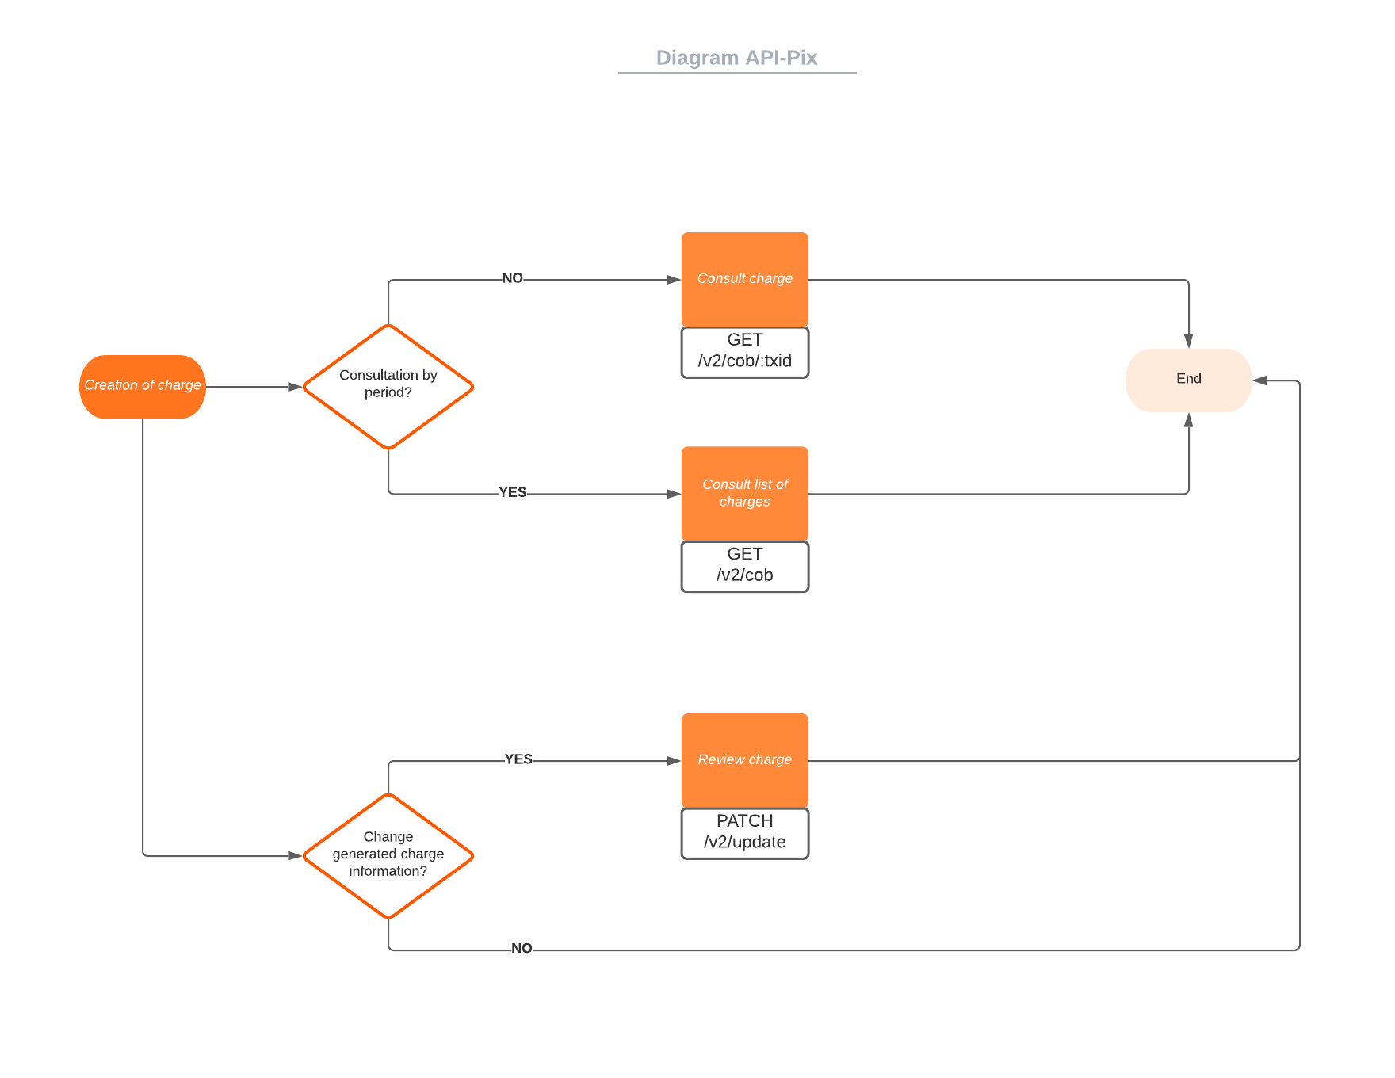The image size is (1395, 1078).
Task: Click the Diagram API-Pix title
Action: click(x=736, y=58)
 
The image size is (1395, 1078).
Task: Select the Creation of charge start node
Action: click(x=143, y=386)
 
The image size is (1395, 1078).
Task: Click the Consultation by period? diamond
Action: click(x=388, y=386)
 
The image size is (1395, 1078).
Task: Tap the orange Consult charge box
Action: click(x=744, y=279)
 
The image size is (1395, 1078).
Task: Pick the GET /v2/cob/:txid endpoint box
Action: click(x=744, y=351)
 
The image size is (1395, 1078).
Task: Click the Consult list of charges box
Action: click(x=744, y=493)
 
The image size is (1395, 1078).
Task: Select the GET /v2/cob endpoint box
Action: click(x=744, y=565)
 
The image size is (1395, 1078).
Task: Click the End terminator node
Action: click(x=1187, y=380)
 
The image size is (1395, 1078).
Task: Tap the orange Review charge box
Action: click(x=744, y=760)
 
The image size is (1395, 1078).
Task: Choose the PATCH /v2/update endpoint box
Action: click(x=744, y=832)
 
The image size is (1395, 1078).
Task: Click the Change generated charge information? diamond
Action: click(x=388, y=855)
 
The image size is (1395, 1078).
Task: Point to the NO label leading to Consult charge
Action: click(x=512, y=278)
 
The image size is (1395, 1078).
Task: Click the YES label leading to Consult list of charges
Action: click(x=512, y=492)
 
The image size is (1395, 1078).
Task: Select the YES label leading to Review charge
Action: click(x=518, y=759)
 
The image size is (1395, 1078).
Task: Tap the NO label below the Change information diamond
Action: click(x=522, y=949)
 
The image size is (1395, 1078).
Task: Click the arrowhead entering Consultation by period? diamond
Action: click(x=295, y=387)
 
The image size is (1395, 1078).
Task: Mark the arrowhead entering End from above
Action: click(x=1188, y=341)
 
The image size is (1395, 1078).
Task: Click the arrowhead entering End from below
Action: click(x=1188, y=420)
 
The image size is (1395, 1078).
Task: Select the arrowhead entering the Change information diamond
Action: click(x=295, y=856)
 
